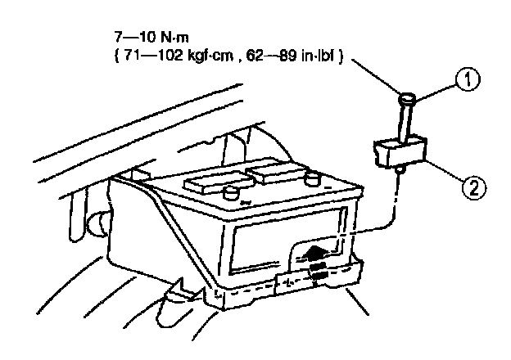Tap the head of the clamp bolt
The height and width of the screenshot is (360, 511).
(407, 101)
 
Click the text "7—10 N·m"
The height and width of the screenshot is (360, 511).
(146, 38)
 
